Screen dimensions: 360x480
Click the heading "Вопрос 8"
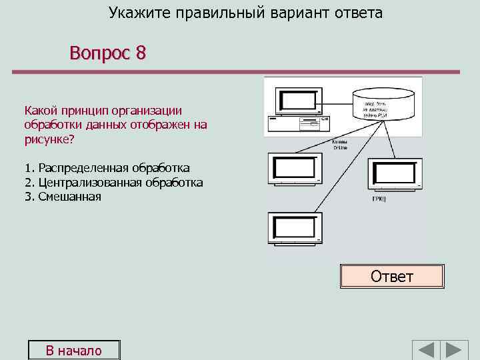[107, 53]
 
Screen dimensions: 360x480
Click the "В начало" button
[73, 351]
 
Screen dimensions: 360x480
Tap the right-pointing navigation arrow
[456, 351]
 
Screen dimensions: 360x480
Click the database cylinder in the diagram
[383, 104]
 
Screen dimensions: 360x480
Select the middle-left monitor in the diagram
[295, 170]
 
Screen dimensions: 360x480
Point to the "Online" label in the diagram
[340, 147]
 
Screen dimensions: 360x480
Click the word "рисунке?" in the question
[49, 139]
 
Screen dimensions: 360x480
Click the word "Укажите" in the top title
[139, 13]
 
